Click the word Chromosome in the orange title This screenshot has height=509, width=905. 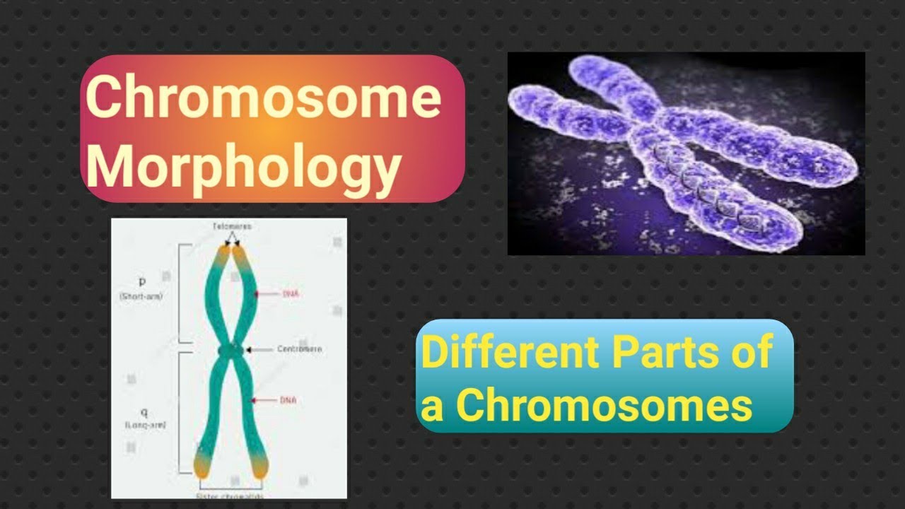[263, 100]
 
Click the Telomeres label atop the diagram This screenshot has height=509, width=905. [231, 226]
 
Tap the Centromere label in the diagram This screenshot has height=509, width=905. [299, 349]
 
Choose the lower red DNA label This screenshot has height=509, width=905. [288, 400]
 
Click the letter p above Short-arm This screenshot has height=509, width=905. [142, 281]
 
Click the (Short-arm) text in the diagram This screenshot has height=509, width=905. [141, 297]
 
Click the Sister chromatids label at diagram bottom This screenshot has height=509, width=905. [231, 497]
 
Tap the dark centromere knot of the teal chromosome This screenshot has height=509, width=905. [230, 350]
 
